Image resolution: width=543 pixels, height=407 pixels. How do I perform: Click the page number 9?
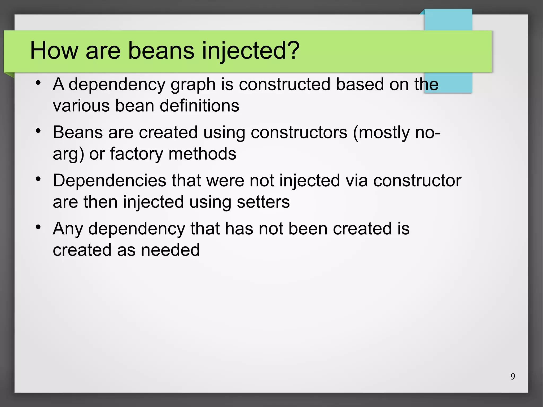[513, 377]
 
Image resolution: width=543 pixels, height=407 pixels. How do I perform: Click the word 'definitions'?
[199, 106]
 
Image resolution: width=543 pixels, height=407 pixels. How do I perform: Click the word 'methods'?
[202, 154]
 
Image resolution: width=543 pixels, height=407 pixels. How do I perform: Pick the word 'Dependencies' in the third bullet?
[110, 181]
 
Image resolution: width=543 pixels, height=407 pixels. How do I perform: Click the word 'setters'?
[263, 202]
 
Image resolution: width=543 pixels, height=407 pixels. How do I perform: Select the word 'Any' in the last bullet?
[68, 229]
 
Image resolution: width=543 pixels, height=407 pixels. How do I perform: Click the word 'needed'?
[170, 250]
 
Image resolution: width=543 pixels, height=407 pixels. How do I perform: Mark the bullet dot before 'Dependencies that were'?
[38, 179]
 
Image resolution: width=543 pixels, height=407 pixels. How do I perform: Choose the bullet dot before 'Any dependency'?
[38, 227]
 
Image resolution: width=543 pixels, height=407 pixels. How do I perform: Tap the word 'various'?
[81, 106]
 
